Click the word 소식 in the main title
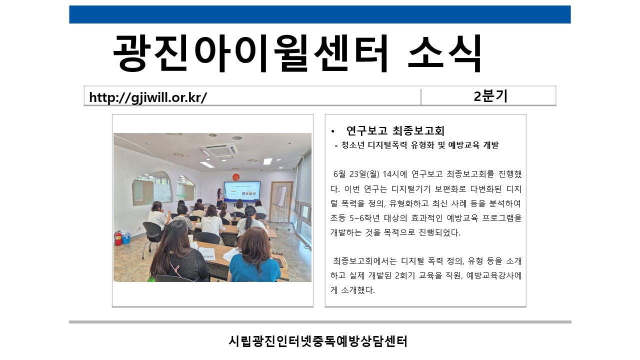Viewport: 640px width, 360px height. pyautogui.click(x=444, y=53)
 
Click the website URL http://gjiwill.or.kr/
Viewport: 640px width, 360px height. pyautogui.click(x=148, y=97)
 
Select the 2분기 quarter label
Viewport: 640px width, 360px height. pyautogui.click(x=490, y=96)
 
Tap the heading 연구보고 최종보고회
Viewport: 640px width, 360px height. pyautogui.click(x=395, y=131)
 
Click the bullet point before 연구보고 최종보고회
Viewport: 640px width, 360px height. pyautogui.click(x=332, y=131)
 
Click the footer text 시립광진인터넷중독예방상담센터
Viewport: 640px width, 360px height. pyautogui.click(x=318, y=341)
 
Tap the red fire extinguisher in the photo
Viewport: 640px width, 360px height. pyautogui.click(x=118, y=237)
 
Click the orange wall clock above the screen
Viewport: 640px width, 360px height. pyautogui.click(x=235, y=177)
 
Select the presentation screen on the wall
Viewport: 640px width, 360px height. pyautogui.click(x=242, y=190)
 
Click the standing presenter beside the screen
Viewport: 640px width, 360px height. pyautogui.click(x=219, y=197)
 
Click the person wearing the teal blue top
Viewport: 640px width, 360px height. pyautogui.click(x=254, y=254)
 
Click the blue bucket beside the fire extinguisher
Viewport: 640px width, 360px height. pyautogui.click(x=126, y=238)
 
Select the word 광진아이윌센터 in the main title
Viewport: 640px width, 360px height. pyautogui.click(x=250, y=53)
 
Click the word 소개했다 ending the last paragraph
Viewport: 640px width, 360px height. pyautogui.click(x=357, y=290)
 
